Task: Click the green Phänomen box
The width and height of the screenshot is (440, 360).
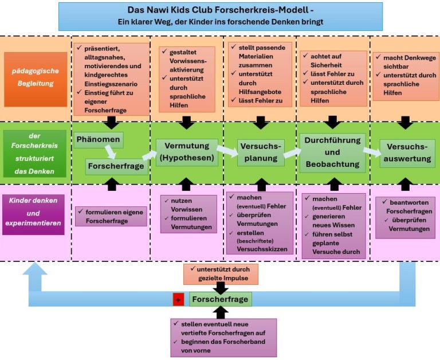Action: pyautogui.click(x=98, y=140)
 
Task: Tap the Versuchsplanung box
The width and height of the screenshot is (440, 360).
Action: pyautogui.click(x=261, y=152)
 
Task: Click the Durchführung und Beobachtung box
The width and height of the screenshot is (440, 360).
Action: pyautogui.click(x=333, y=152)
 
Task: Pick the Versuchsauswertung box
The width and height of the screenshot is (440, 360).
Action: pyautogui.click(x=407, y=153)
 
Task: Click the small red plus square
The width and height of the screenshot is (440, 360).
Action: pyautogui.click(x=178, y=300)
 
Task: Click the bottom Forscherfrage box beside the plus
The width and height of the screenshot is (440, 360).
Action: pyautogui.click(x=221, y=299)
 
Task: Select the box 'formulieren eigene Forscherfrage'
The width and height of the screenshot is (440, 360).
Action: pyautogui.click(x=110, y=216)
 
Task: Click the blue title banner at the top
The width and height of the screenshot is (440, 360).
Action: pyautogui.click(x=220, y=16)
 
